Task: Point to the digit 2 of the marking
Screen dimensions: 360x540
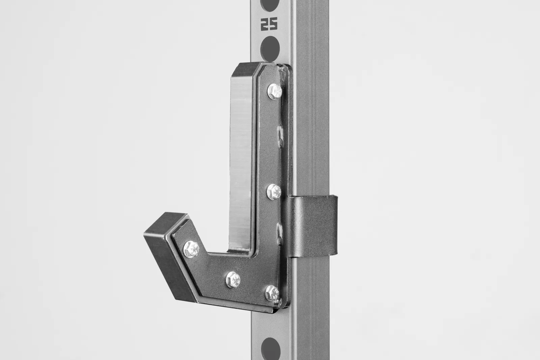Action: [x=264, y=24]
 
